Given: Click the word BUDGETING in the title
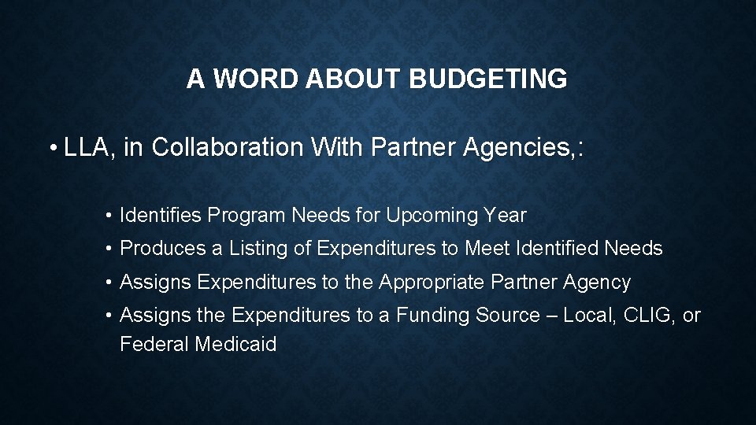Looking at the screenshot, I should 488,79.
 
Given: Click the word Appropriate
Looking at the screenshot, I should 432,282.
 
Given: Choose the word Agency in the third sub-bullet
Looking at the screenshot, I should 598,282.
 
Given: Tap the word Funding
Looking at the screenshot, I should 433,316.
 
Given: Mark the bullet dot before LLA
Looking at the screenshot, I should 52,148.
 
